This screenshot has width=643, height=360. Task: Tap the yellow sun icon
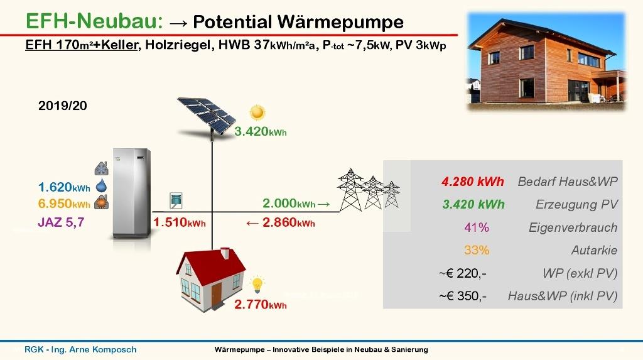pos(257,112)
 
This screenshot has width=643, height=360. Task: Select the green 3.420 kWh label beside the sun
pos(261,131)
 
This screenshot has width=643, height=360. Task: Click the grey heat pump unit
pos(132,194)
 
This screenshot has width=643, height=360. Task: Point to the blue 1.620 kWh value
pos(64,187)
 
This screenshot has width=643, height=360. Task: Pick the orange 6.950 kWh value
pos(64,204)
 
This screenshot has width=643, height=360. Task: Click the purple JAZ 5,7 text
pos(61,222)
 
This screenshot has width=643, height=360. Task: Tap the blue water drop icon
pos(101,186)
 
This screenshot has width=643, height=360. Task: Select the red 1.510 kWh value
pos(179,222)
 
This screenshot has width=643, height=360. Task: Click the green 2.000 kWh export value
pos(289,203)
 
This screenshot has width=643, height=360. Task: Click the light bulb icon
pos(257,284)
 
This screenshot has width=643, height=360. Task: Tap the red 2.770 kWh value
pos(261,305)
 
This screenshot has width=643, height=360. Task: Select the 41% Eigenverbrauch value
pos(477,227)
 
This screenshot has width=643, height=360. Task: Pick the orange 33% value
pos(477,250)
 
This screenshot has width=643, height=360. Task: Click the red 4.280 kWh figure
pos(472,182)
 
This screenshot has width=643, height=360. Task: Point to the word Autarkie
pos(594,250)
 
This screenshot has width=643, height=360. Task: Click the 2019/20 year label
pos(62,106)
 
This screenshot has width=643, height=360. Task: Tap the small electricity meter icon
pos(176,200)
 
